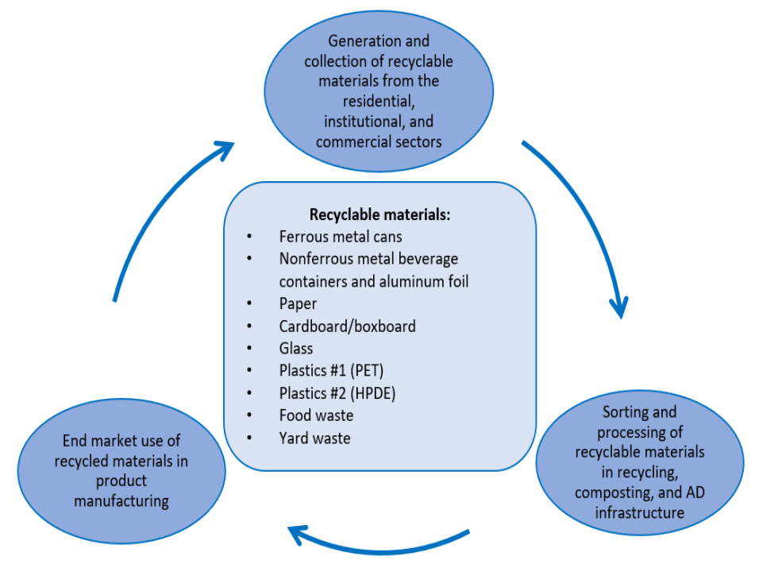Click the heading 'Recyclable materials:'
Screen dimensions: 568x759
tap(379, 215)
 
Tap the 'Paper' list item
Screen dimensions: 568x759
tap(298, 303)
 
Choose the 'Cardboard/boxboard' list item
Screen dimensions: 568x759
tap(347, 326)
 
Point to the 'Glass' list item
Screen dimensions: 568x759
tap(296, 348)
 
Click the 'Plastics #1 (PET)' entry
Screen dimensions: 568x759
tap(331, 370)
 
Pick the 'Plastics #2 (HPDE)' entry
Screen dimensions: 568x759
tap(337, 392)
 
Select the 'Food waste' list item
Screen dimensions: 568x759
tap(316, 415)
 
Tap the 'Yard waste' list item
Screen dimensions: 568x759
tap(314, 438)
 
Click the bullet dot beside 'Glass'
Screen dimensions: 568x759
tap(249, 349)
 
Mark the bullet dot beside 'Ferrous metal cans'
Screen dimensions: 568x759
tap(249, 238)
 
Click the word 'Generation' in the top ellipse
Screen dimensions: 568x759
tap(356, 41)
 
